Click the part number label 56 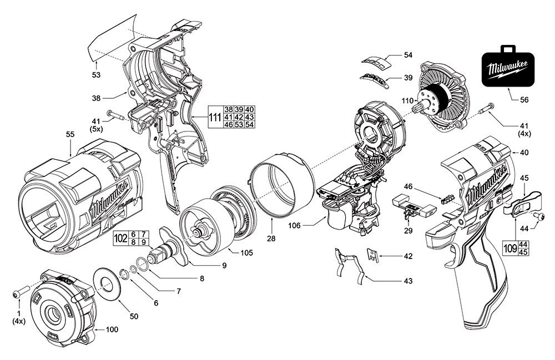point(524,100)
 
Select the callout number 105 point(247,253)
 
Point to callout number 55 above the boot point(70,134)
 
